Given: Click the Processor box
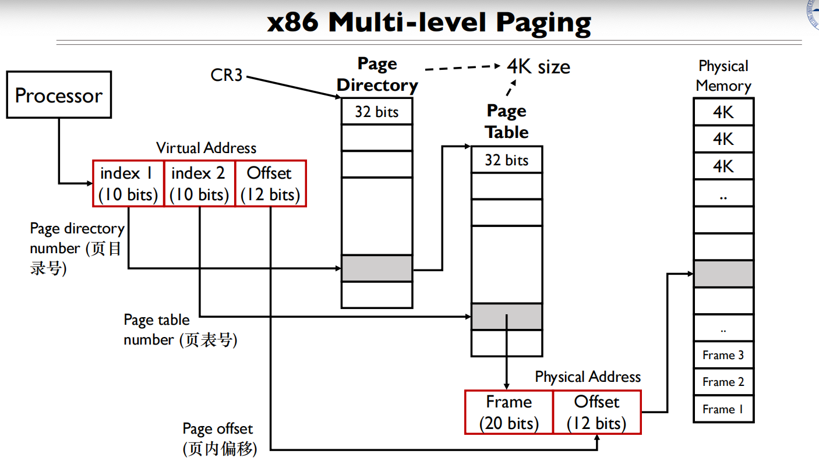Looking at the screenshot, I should click(58, 95).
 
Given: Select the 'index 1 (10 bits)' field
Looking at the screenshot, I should click(128, 183).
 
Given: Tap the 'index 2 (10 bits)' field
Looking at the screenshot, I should click(199, 183).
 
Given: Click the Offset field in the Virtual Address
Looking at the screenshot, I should click(270, 183).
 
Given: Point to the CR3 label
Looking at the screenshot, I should click(226, 75).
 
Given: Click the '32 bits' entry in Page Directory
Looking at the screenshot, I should click(376, 112).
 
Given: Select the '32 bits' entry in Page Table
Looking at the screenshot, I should click(506, 160).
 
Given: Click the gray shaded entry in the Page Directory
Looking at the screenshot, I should click(376, 268).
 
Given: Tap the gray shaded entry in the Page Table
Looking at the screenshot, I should click(506, 317).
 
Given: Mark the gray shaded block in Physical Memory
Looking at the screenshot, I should click(723, 274).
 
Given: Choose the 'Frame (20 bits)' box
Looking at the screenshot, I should click(509, 412).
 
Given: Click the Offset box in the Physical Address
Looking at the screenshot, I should click(596, 412).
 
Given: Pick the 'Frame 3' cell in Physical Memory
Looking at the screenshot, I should click(723, 355).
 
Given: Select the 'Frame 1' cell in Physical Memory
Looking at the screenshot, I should click(723, 409).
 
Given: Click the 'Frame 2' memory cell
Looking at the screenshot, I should click(723, 382).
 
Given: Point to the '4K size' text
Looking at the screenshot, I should click(538, 67).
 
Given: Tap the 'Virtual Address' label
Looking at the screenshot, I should click(206, 148).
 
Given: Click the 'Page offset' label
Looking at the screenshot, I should click(218, 429).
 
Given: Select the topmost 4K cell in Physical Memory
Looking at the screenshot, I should click(723, 112).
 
